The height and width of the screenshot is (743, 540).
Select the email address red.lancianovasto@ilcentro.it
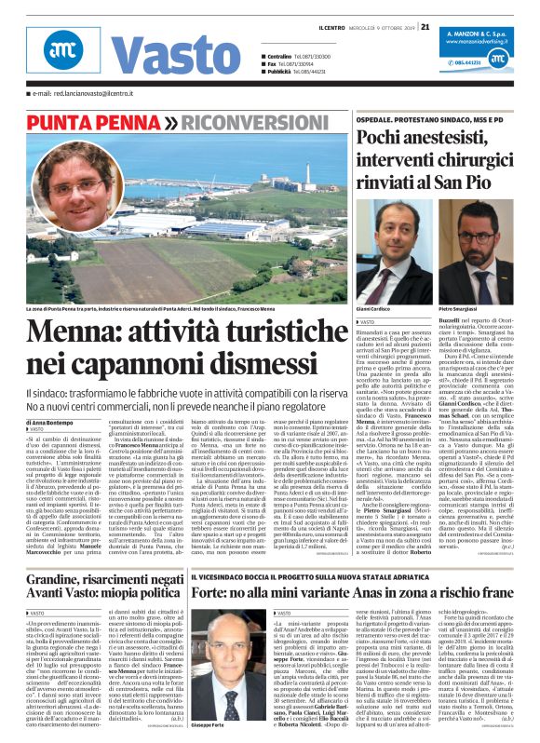click(93, 94)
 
